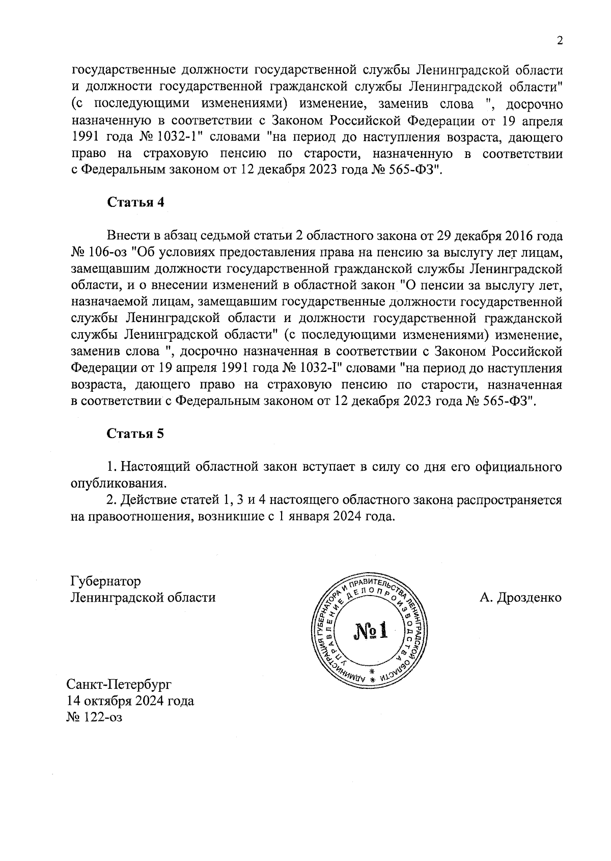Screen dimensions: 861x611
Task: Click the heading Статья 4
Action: [x=135, y=202]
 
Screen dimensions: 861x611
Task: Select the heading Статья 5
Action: [x=135, y=434]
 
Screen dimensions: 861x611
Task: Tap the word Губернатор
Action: [x=105, y=581]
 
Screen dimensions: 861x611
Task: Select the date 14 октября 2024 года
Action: [x=130, y=700]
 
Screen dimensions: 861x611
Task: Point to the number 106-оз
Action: [x=109, y=253]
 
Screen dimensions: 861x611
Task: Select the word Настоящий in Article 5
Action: [x=155, y=467]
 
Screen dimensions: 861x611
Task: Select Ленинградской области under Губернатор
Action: [x=143, y=597]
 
